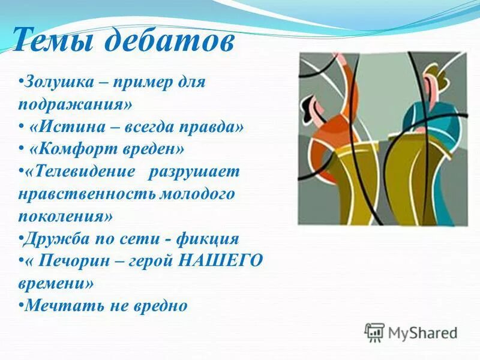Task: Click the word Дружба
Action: (x=51, y=239)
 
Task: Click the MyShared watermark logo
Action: (x=411, y=332)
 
